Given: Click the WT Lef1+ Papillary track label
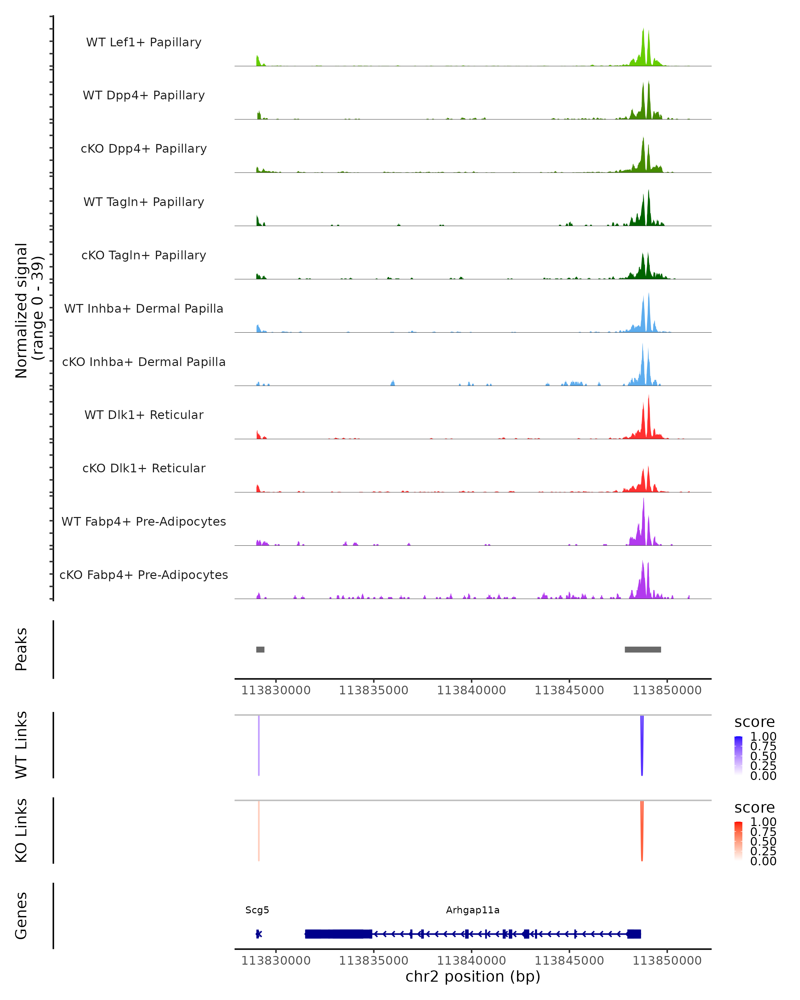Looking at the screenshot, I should tap(144, 42).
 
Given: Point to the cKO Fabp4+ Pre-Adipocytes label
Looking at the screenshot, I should tap(144, 575).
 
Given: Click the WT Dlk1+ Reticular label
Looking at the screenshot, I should tap(144, 415).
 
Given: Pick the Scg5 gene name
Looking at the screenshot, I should tap(257, 910).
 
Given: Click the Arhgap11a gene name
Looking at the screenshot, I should tap(473, 910).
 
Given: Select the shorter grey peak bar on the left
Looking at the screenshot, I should tap(260, 649).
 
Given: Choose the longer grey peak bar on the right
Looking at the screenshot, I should tap(643, 649).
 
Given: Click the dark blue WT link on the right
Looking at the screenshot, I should tap(642, 747).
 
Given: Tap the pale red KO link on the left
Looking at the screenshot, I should tap(259, 830).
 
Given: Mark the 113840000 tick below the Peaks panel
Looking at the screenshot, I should tap(472, 690).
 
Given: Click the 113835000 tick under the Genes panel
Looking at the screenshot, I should tap(374, 961).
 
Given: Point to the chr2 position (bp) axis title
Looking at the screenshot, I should tap(473, 976).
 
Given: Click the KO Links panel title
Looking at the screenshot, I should tap(21, 830).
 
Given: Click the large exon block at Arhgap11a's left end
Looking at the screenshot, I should tap(339, 934).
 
